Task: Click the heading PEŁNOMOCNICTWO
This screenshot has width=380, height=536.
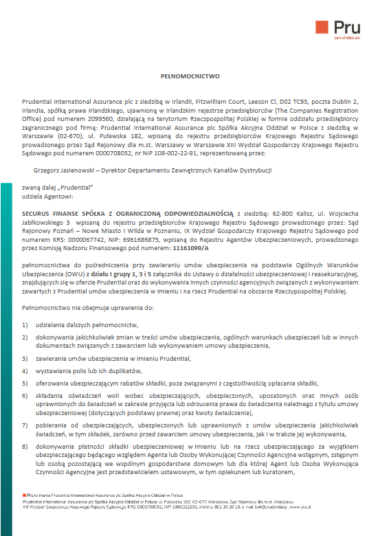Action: (x=190, y=78)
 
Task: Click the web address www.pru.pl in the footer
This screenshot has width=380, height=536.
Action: (x=302, y=506)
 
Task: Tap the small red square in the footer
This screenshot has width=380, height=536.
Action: (x=24, y=495)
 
